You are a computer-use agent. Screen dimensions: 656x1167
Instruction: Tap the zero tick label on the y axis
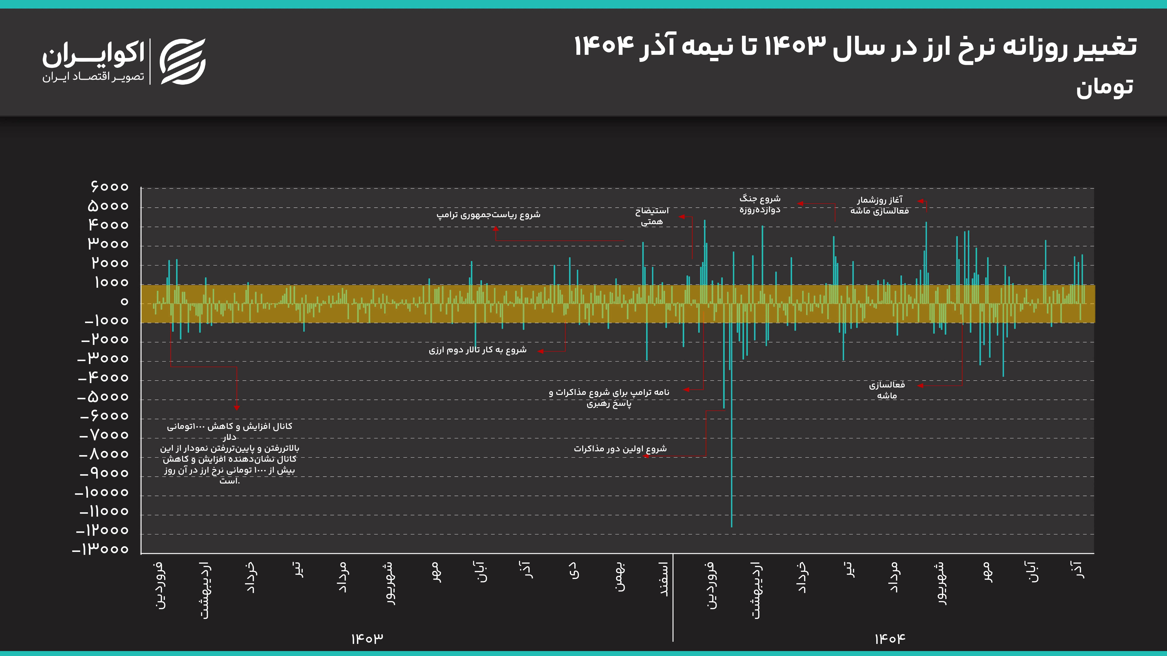[x=124, y=301]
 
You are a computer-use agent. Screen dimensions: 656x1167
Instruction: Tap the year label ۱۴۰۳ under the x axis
[x=367, y=638]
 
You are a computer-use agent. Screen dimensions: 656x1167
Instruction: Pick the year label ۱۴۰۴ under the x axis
[x=890, y=638]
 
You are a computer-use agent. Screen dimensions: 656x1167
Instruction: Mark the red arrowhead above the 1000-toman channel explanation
[x=236, y=408]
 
